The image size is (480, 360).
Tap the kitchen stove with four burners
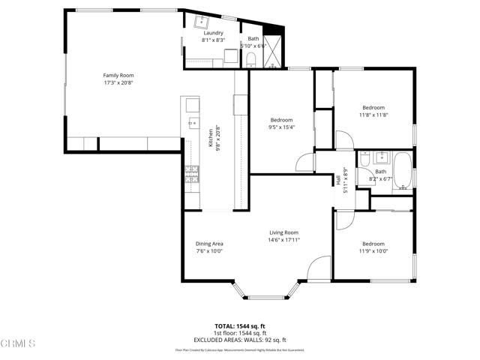192,174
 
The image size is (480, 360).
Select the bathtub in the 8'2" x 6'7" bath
403,169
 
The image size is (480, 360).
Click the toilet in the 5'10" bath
252,59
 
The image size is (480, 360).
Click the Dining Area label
209,244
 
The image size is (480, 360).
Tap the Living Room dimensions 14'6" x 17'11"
284,240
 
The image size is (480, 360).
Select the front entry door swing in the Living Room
318,268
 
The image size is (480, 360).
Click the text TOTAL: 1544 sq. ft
240,326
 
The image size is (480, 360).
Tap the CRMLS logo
18,344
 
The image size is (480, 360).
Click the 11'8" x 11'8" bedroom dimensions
373,115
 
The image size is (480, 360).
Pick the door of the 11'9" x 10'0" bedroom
343,220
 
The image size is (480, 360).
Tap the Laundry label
213,33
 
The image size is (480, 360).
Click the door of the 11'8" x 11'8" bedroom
343,140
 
